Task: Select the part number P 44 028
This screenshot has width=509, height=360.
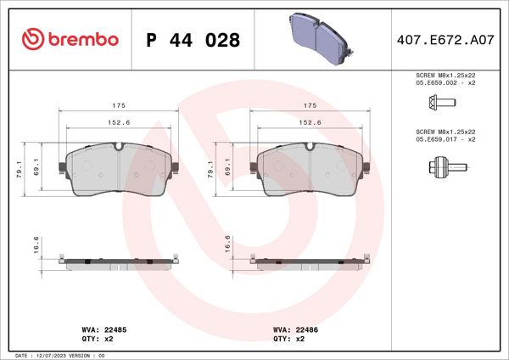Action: tap(193, 40)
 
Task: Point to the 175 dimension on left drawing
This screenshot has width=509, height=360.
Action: tap(120, 105)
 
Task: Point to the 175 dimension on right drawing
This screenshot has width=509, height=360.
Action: tap(310, 105)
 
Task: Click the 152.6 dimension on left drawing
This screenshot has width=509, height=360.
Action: tap(120, 122)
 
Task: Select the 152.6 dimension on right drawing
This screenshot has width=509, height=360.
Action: tap(310, 122)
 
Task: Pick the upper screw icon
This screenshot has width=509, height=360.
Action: tap(439, 104)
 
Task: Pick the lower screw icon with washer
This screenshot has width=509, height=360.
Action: tap(439, 166)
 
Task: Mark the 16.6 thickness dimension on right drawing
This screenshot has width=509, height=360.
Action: tap(227, 245)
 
